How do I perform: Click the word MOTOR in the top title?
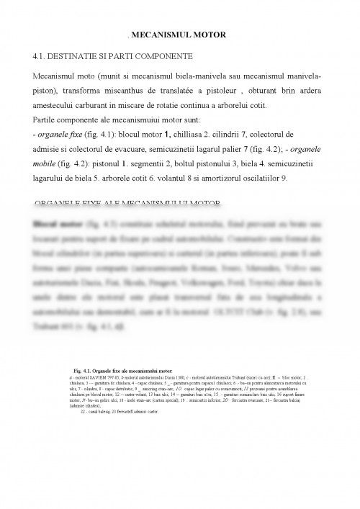click(x=210, y=34)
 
